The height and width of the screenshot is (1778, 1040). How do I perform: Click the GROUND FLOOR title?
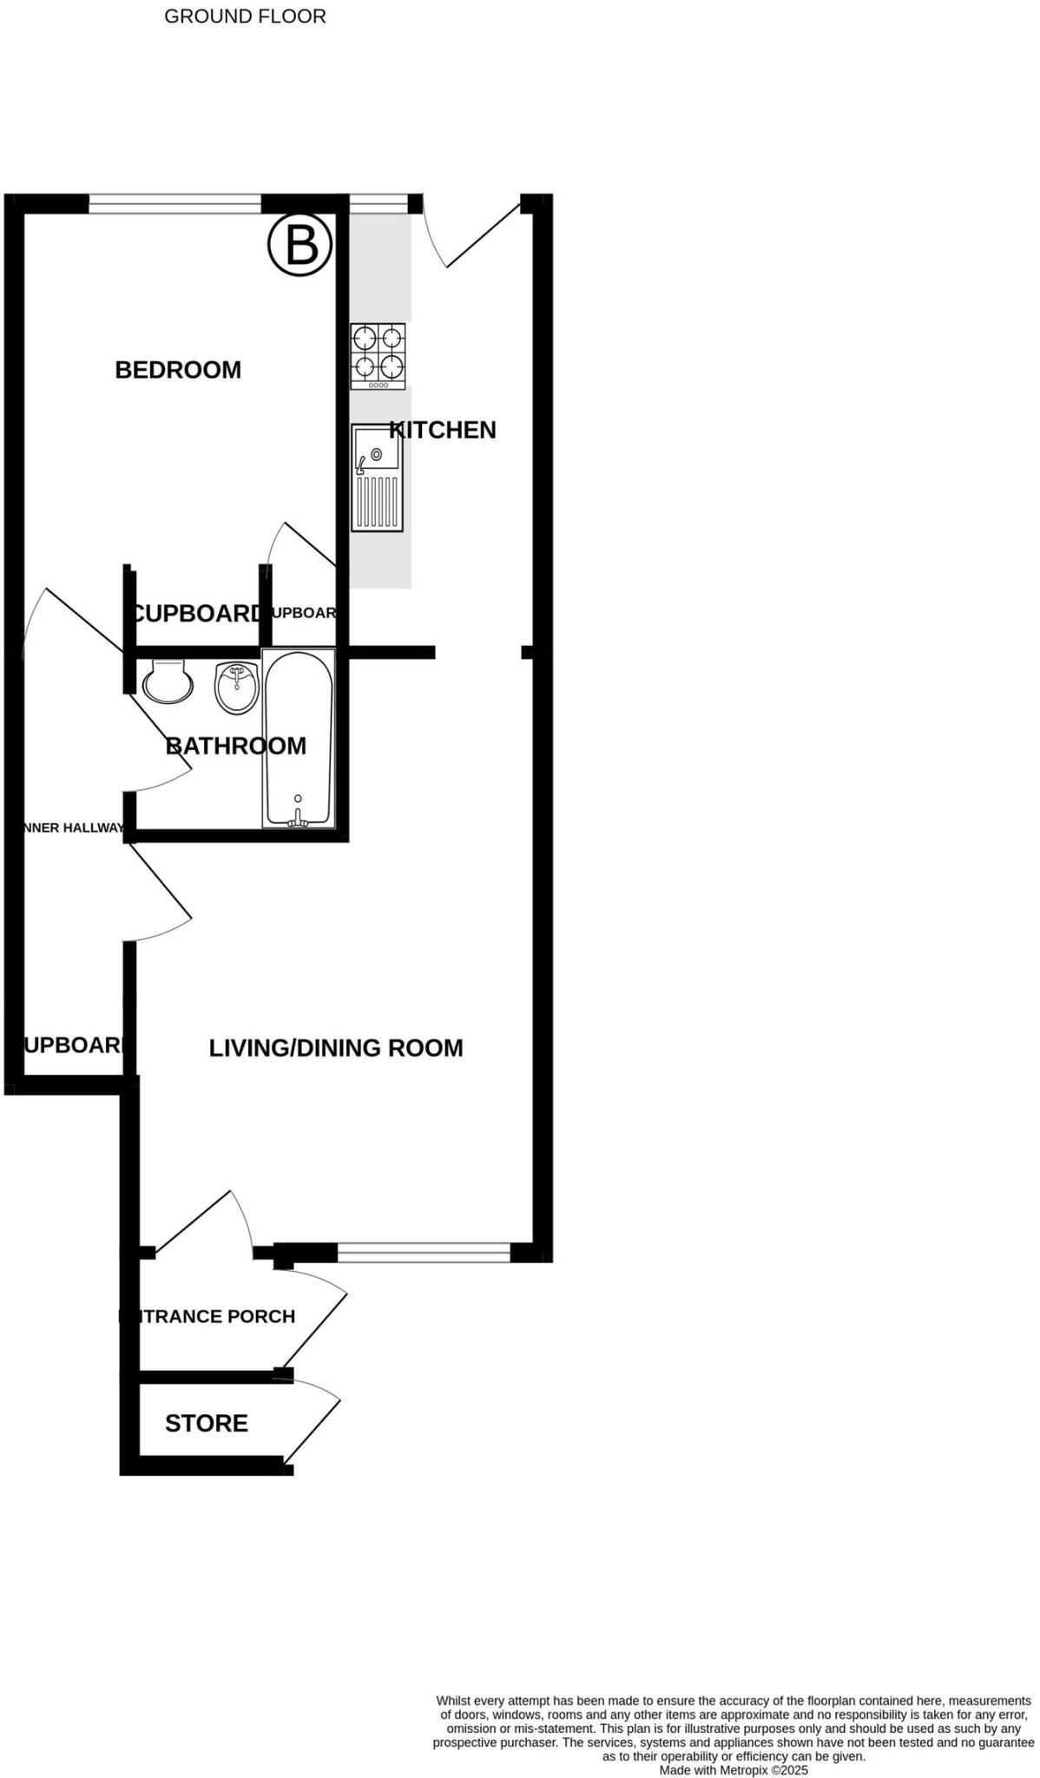tap(245, 16)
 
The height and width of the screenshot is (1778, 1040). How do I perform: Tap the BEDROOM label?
tap(178, 370)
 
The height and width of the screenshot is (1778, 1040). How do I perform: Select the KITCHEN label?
tap(443, 430)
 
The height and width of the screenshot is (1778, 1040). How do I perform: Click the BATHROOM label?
tap(236, 746)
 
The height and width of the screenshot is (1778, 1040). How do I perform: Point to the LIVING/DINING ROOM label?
tap(336, 1048)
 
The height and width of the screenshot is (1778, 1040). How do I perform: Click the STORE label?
tap(207, 1423)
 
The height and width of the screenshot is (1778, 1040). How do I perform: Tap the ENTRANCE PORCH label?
tap(208, 1316)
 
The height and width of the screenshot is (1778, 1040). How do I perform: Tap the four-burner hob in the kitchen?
tap(378, 356)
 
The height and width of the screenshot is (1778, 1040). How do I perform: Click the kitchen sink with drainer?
tap(377, 477)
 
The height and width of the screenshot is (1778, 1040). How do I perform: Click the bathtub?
tap(298, 738)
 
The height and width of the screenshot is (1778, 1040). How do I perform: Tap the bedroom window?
tap(174, 204)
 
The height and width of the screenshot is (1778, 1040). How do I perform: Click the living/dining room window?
tap(424, 1252)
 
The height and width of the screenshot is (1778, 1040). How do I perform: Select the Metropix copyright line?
tap(734, 1769)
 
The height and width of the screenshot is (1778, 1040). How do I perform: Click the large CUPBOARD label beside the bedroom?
tap(196, 614)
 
